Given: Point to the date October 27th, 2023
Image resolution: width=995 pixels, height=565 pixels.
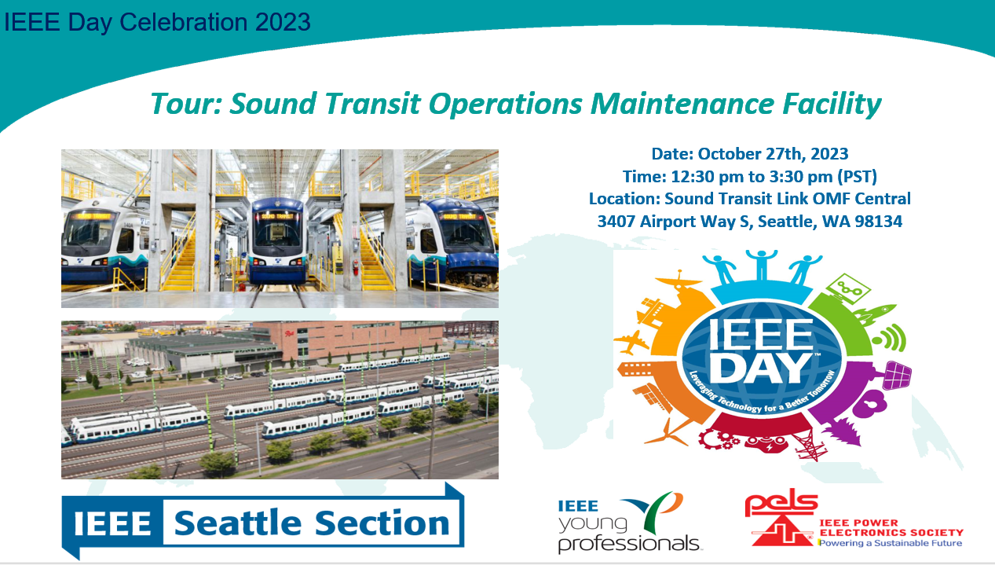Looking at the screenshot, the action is coord(773,154).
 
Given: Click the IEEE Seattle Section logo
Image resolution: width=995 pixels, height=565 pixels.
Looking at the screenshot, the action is coord(263,521).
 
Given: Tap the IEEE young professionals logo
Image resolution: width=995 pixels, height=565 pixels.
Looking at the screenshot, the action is coord(629,523).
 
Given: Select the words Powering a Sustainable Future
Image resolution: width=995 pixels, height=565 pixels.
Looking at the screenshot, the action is coord(891,543).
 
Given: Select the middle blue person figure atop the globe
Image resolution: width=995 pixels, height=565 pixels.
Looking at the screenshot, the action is coord(761,265).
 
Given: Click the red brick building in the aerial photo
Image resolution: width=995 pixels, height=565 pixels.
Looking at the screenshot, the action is coord(351,340).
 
